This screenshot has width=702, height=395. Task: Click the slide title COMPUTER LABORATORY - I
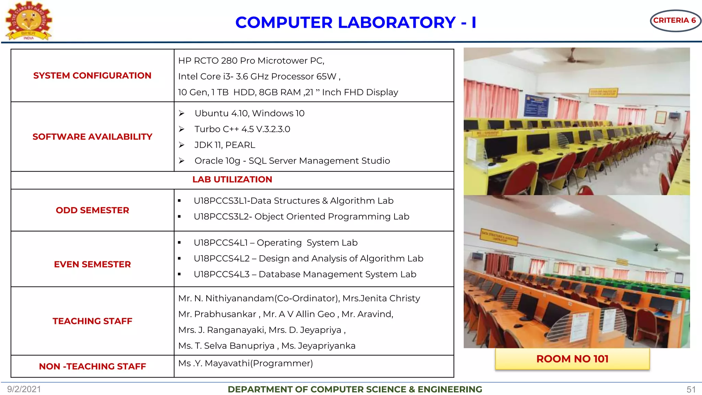pos(355,23)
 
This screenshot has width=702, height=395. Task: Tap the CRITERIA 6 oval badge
pos(674,21)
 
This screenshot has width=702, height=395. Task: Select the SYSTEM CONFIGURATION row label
pos(92,75)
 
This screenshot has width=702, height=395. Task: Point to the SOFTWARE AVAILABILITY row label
pos(92,136)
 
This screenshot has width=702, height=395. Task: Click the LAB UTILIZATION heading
pos(232,179)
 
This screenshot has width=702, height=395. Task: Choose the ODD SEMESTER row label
pos(92,210)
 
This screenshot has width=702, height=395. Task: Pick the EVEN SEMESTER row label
pos(92,264)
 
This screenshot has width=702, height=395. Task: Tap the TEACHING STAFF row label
pos(92,321)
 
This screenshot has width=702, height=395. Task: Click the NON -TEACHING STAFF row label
pos(92,366)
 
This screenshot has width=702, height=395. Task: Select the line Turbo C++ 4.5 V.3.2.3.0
pos(242,129)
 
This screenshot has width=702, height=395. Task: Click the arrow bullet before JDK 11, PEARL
pos(182,145)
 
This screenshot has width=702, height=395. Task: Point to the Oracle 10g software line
pos(292,161)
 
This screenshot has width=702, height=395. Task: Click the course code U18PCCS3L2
pos(223,217)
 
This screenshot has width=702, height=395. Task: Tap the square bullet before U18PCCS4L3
pos(179,274)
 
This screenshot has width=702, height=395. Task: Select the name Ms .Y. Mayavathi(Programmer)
pos(245,363)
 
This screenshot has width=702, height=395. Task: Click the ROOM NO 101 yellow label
pos(572,359)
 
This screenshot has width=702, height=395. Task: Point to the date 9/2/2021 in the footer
pos(24,389)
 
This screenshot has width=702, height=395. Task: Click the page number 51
pos(691,390)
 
